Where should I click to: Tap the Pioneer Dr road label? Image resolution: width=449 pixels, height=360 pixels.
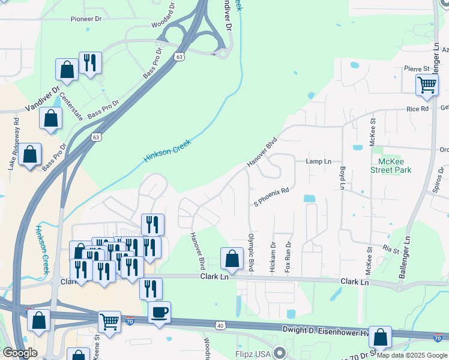tap(86, 19)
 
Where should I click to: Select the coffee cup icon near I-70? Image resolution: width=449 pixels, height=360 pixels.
tap(159, 313)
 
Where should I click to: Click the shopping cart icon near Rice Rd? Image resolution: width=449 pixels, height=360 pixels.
tap(427, 85)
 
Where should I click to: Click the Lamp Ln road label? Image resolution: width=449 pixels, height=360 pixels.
tap(318, 162)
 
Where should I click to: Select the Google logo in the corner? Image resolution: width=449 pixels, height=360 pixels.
tap(20, 353)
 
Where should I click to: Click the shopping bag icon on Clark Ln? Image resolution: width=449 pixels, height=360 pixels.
tap(232, 259)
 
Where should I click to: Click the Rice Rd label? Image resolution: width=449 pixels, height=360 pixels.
tap(417, 109)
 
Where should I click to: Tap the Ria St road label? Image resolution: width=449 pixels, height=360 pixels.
tap(391, 250)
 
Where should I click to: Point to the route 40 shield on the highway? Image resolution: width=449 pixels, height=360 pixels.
tap(220, 325)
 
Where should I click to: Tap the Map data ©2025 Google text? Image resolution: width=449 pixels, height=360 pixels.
tap(412, 355)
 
